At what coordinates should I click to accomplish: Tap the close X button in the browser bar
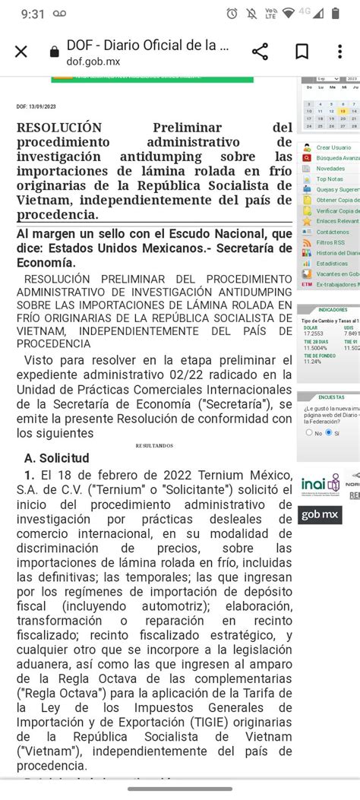(x=21, y=52)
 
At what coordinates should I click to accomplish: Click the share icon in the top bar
(x=260, y=52)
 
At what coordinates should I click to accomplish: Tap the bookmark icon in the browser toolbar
(x=302, y=52)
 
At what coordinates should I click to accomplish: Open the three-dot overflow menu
(x=339, y=52)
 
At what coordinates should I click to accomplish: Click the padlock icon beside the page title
(x=54, y=52)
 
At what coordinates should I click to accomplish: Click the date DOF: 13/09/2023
(x=36, y=107)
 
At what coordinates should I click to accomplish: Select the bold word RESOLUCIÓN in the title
(x=58, y=128)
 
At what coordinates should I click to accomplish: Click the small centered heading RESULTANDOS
(x=154, y=445)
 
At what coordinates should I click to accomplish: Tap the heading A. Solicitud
(x=57, y=458)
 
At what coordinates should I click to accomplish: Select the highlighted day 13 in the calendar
(x=343, y=112)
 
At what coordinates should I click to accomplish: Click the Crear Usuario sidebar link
(x=333, y=147)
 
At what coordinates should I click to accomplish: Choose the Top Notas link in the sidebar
(x=329, y=179)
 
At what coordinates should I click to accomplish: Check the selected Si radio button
(x=328, y=432)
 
